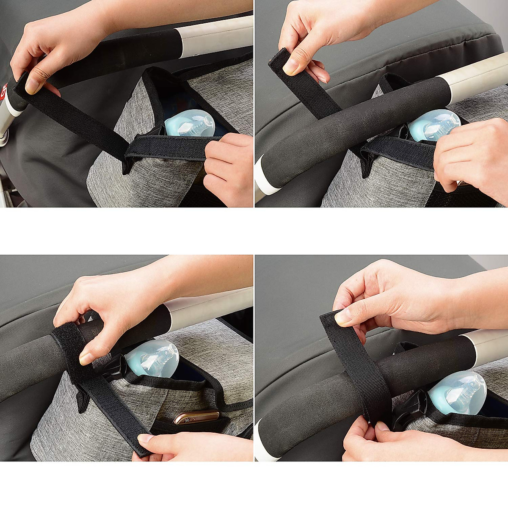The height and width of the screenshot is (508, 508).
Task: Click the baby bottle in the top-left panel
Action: (x=189, y=123)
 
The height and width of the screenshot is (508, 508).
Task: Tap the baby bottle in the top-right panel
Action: (x=434, y=124)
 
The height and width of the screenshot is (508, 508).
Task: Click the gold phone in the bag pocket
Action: (x=196, y=417)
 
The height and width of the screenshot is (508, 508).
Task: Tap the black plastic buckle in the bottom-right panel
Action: (x=410, y=409)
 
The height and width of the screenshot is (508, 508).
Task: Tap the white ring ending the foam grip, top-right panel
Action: (x=265, y=178)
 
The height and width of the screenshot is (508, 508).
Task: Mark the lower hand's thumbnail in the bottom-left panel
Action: (x=144, y=439)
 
